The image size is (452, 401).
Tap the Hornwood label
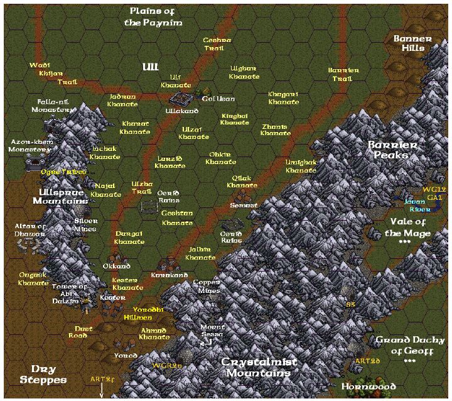point(369,386)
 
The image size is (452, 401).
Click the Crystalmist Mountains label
point(259,368)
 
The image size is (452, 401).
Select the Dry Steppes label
point(43,374)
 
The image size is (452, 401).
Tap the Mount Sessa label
point(212,331)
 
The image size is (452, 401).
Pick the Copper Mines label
point(207,287)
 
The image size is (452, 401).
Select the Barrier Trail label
point(343,74)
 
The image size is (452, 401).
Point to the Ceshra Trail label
point(217,43)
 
